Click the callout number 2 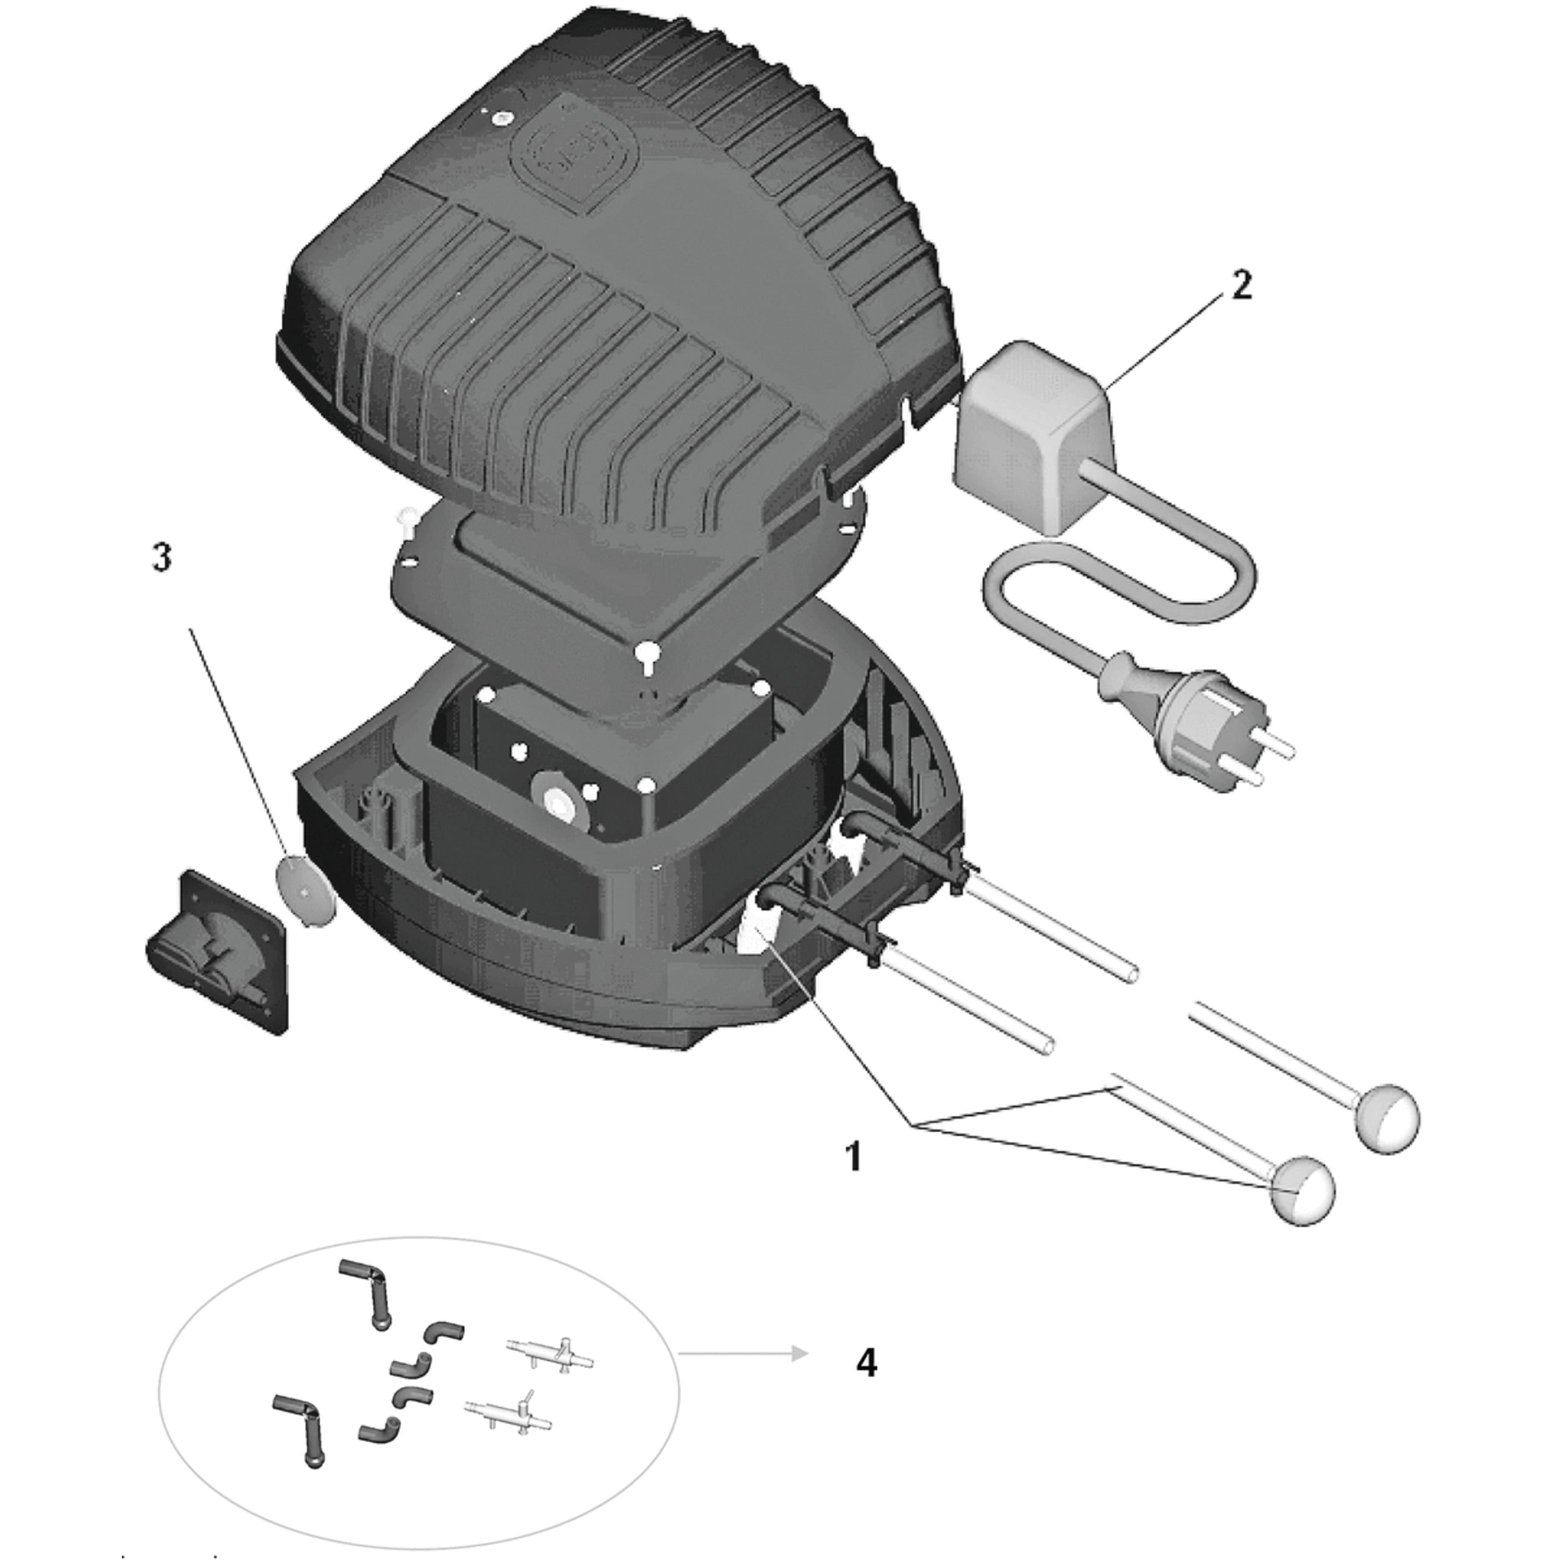pyautogui.click(x=1242, y=286)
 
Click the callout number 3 pyautogui.click(x=163, y=558)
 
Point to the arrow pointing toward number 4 pyautogui.click(x=744, y=1354)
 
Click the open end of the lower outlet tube pyautogui.click(x=1048, y=1045)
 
